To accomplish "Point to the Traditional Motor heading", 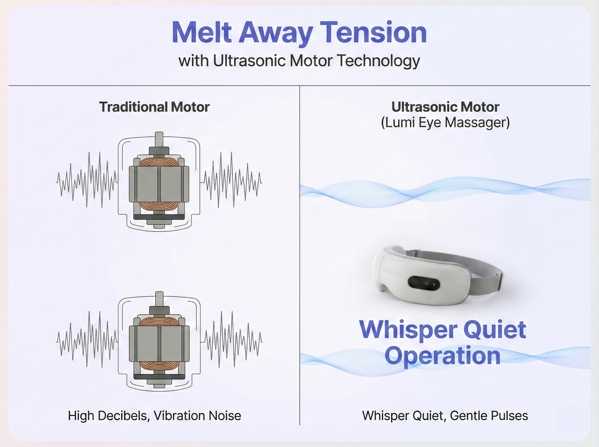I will pos(154,107).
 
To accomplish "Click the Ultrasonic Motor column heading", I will pos(445,107).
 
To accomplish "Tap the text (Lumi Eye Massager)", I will pos(445,123).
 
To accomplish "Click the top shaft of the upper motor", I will pos(159,140).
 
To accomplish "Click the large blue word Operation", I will pos(443,356).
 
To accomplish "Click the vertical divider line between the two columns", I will pos(299,249).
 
